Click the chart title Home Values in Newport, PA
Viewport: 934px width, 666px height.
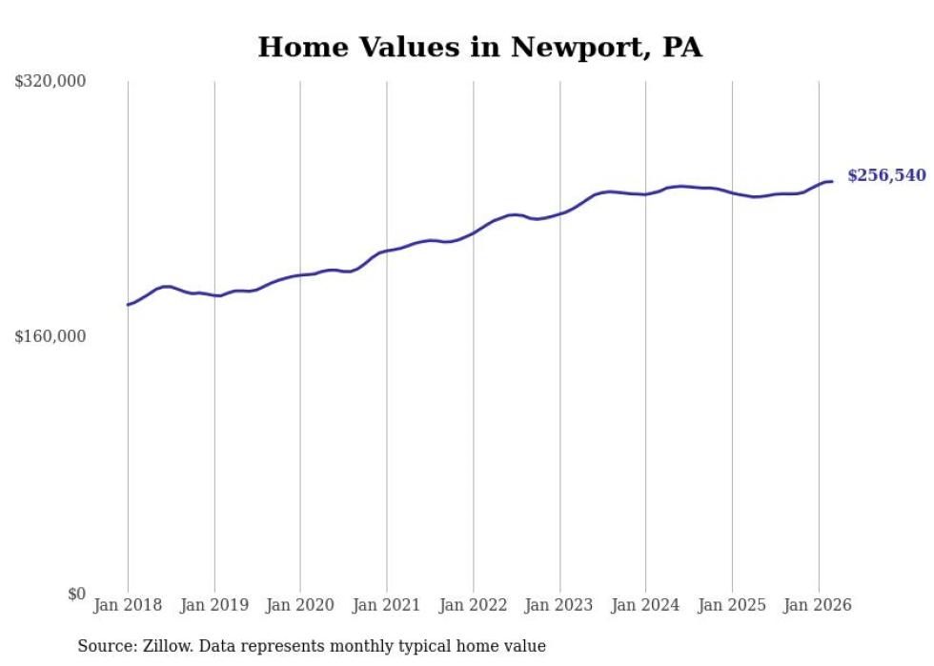click(x=479, y=47)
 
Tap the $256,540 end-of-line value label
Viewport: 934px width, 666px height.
click(x=886, y=175)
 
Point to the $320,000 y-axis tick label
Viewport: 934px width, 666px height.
click(x=51, y=82)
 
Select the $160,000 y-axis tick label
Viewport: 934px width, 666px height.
click(x=51, y=336)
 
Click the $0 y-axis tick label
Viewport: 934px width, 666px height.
click(x=77, y=594)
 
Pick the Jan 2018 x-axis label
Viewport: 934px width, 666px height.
click(x=128, y=605)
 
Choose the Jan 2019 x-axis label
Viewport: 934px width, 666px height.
click(x=214, y=605)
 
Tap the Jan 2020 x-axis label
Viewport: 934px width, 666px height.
click(x=300, y=605)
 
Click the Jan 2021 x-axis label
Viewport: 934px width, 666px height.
click(x=387, y=605)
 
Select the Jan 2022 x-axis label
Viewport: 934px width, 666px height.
click(x=474, y=605)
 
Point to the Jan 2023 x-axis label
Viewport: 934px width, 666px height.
click(x=559, y=605)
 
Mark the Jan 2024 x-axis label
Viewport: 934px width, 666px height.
click(x=646, y=605)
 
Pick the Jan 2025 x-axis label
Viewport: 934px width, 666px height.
click(x=732, y=605)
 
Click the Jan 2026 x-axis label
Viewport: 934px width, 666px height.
click(x=819, y=605)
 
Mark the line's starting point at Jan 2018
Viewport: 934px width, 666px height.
click(x=128, y=305)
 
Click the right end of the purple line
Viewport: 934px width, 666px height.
click(x=832, y=181)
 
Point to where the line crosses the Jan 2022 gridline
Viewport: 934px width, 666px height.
click(x=474, y=232)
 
